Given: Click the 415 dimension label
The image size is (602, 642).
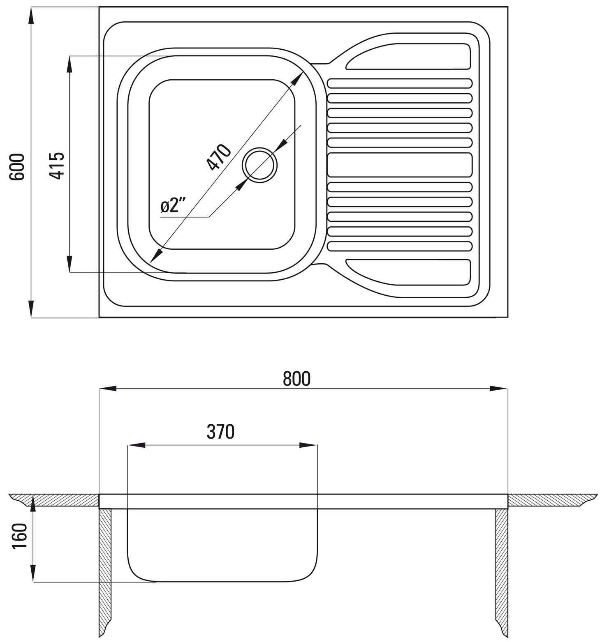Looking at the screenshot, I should [x=57, y=166].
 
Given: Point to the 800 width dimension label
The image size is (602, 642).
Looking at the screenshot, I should [x=296, y=379].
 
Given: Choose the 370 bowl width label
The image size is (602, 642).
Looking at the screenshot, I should [x=220, y=432].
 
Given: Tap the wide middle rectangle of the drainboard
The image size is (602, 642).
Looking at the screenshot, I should [x=400, y=165].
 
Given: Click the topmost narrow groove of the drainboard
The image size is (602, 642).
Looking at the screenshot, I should [x=400, y=83].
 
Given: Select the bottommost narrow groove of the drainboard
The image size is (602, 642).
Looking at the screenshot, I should [x=400, y=246].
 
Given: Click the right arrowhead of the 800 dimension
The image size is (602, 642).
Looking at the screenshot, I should [x=498, y=389].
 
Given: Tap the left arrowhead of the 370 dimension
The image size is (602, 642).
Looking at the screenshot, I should [x=137, y=445].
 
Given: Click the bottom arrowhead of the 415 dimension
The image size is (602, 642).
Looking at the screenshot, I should [x=70, y=263].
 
